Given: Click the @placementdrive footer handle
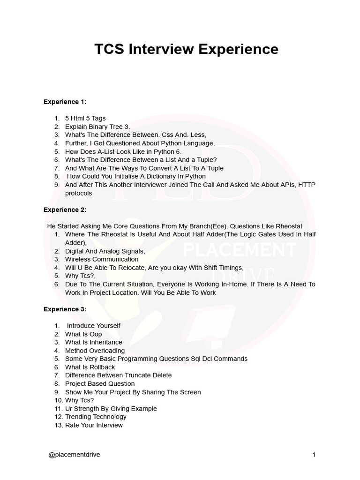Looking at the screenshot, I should pyautogui.click(x=74, y=455).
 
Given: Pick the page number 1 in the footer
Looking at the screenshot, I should pyautogui.click(x=314, y=455).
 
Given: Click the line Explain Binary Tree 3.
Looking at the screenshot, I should pyautogui.click(x=97, y=127).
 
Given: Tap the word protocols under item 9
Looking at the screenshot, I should pyautogui.click(x=79, y=193).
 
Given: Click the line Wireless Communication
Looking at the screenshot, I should pyautogui.click(x=102, y=259).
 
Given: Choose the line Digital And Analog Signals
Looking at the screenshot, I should pyautogui.click(x=105, y=251).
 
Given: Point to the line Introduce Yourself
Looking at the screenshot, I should pyautogui.click(x=94, y=325).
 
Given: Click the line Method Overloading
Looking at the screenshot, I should pyautogui.click(x=95, y=350).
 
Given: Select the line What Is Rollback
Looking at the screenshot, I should pyautogui.click(x=90, y=367).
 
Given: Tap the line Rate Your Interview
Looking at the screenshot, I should pyautogui.click(x=94, y=425).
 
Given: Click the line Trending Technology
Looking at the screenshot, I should pyautogui.click(x=96, y=417).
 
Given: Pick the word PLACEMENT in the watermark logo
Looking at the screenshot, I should pyautogui.click(x=239, y=250).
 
